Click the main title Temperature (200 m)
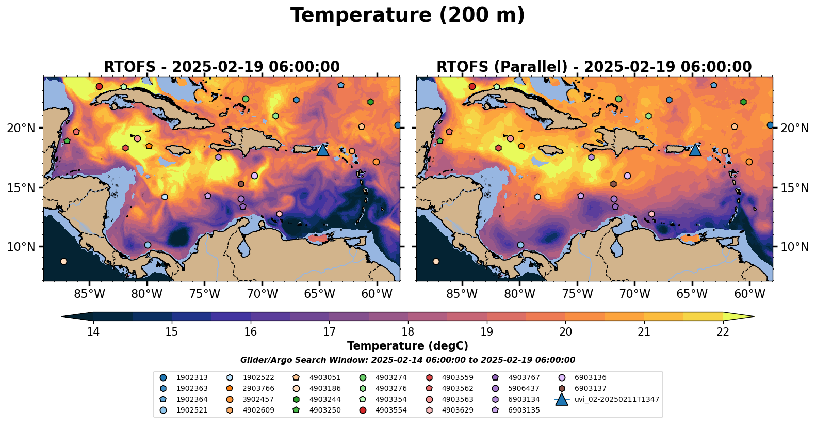click(407, 15)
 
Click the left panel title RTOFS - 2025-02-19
click(222, 67)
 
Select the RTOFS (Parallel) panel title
click(594, 67)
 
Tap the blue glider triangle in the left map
click(322, 150)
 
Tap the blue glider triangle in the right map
click(695, 150)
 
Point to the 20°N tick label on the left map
click(21, 128)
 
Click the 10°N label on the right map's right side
click(795, 247)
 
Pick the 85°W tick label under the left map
click(90, 294)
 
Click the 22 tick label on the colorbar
click(723, 331)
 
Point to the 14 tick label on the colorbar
click(93, 331)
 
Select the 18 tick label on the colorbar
click(407, 331)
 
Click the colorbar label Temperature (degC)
click(407, 346)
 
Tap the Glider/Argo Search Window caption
click(407, 360)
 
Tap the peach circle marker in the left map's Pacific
click(63, 261)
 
